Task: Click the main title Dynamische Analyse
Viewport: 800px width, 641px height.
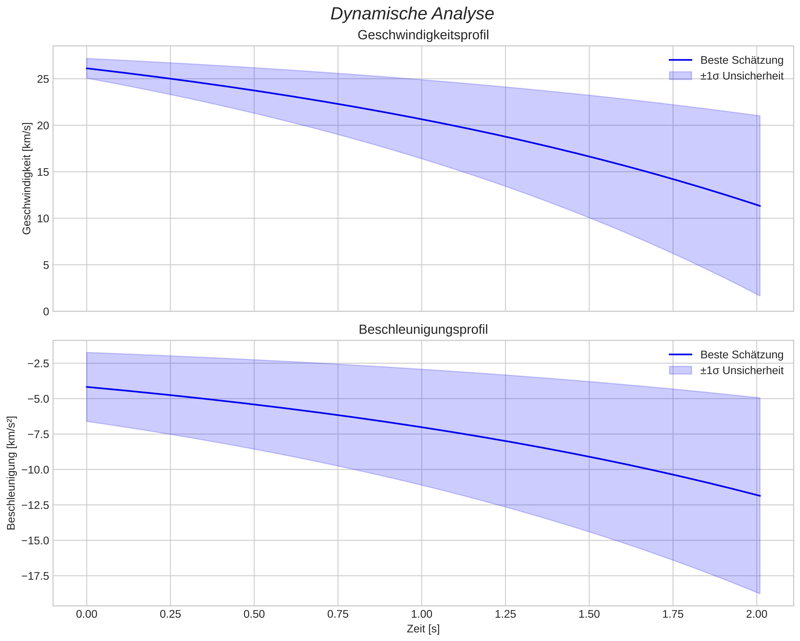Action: pyautogui.click(x=412, y=14)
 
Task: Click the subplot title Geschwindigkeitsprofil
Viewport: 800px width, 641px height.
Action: pyautogui.click(x=423, y=35)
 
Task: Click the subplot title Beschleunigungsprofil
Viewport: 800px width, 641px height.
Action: pyautogui.click(x=423, y=330)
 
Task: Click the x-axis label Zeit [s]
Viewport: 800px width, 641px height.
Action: pyautogui.click(x=423, y=629)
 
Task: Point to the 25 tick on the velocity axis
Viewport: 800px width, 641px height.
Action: pyautogui.click(x=43, y=79)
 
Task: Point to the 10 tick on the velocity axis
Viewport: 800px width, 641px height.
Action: pyautogui.click(x=43, y=218)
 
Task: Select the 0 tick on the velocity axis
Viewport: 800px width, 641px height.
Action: pyautogui.click(x=46, y=312)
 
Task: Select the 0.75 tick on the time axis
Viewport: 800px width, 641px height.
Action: pyautogui.click(x=338, y=614)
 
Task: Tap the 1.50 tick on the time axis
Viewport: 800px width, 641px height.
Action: pyautogui.click(x=589, y=614)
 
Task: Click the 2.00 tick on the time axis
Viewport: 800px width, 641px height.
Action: pyautogui.click(x=756, y=614)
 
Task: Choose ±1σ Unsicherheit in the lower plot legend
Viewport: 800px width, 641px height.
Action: pyautogui.click(x=741, y=370)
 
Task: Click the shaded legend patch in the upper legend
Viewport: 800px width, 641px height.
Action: pyautogui.click(x=680, y=76)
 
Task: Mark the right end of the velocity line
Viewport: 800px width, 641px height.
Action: pyautogui.click(x=760, y=206)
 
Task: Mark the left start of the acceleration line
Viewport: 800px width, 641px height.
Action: pyautogui.click(x=87, y=387)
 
